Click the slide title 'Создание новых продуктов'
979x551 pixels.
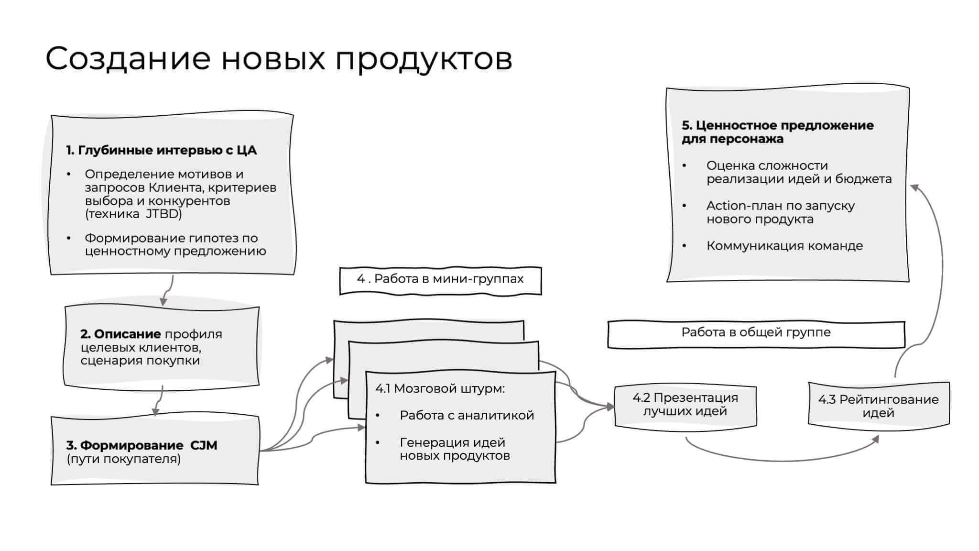pos(279,59)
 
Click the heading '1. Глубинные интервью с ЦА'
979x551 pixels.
pos(162,150)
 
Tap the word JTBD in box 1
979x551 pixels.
pos(163,214)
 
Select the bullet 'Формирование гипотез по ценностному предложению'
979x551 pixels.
pos(175,244)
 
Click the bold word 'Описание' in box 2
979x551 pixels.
pos(127,334)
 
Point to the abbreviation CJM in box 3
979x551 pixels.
pos(204,445)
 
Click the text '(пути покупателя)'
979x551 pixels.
pos(124,459)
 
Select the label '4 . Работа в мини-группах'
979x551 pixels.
pos(440,279)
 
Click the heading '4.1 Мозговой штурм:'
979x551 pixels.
pos(440,388)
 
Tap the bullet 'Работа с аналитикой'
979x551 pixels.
pos(467,415)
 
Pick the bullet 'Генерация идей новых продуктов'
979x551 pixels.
pos(455,449)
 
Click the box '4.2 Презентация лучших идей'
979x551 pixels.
pos(685,405)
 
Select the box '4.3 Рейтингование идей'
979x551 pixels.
pos(878,406)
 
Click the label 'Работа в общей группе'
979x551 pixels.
pos(756,332)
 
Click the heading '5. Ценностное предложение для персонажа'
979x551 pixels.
pos(777,132)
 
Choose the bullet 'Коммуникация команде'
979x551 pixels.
pos(784,246)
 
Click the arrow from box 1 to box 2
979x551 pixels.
pos(167,291)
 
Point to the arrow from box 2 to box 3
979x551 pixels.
pos(159,401)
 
